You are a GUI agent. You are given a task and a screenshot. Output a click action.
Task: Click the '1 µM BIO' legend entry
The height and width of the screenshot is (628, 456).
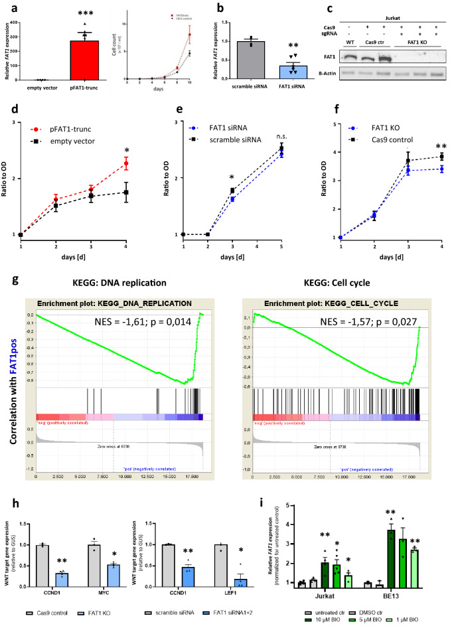point(427,617)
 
